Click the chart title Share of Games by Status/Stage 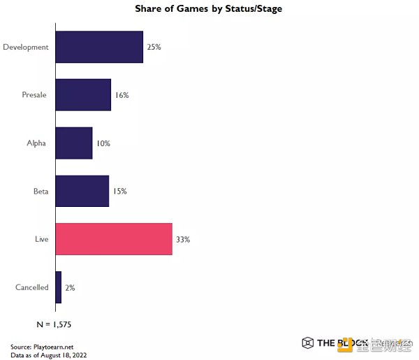[209, 9]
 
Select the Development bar [98, 47]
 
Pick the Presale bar [82, 95]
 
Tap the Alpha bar [73, 143]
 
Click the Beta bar [82, 191]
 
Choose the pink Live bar [113, 239]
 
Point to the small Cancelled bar [58, 287]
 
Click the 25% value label [154, 47]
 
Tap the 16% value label [122, 95]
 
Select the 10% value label [103, 143]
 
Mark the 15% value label [119, 191]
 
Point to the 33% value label [183, 239]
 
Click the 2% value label [70, 287]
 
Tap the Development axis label [26, 47]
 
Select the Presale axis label [34, 95]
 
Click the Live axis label [42, 239]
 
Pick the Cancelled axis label [32, 287]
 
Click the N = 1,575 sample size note [54, 324]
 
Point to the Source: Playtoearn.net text [43, 347]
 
